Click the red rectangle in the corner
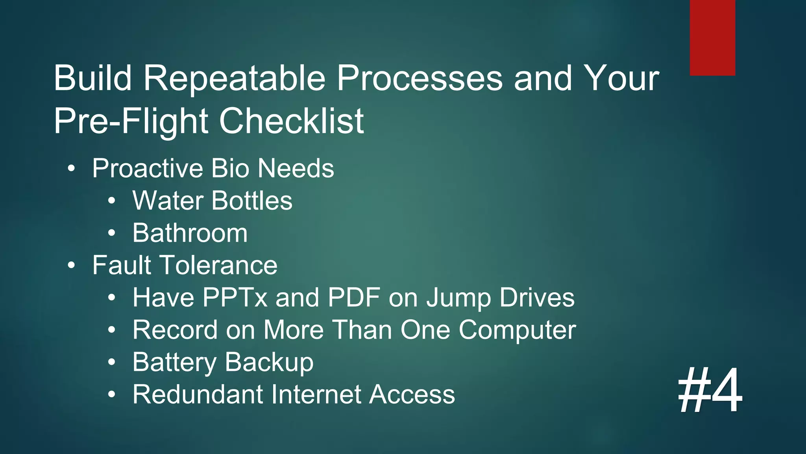click(x=712, y=37)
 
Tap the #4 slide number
click(x=710, y=390)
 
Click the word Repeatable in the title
click(x=234, y=78)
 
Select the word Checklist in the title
click(x=291, y=121)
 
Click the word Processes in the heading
click(x=420, y=78)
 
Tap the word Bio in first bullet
click(x=230, y=169)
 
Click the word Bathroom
click(x=190, y=233)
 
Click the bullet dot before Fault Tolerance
click(x=71, y=266)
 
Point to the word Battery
click(x=174, y=363)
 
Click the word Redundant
click(x=198, y=394)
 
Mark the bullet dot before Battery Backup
click(x=112, y=362)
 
